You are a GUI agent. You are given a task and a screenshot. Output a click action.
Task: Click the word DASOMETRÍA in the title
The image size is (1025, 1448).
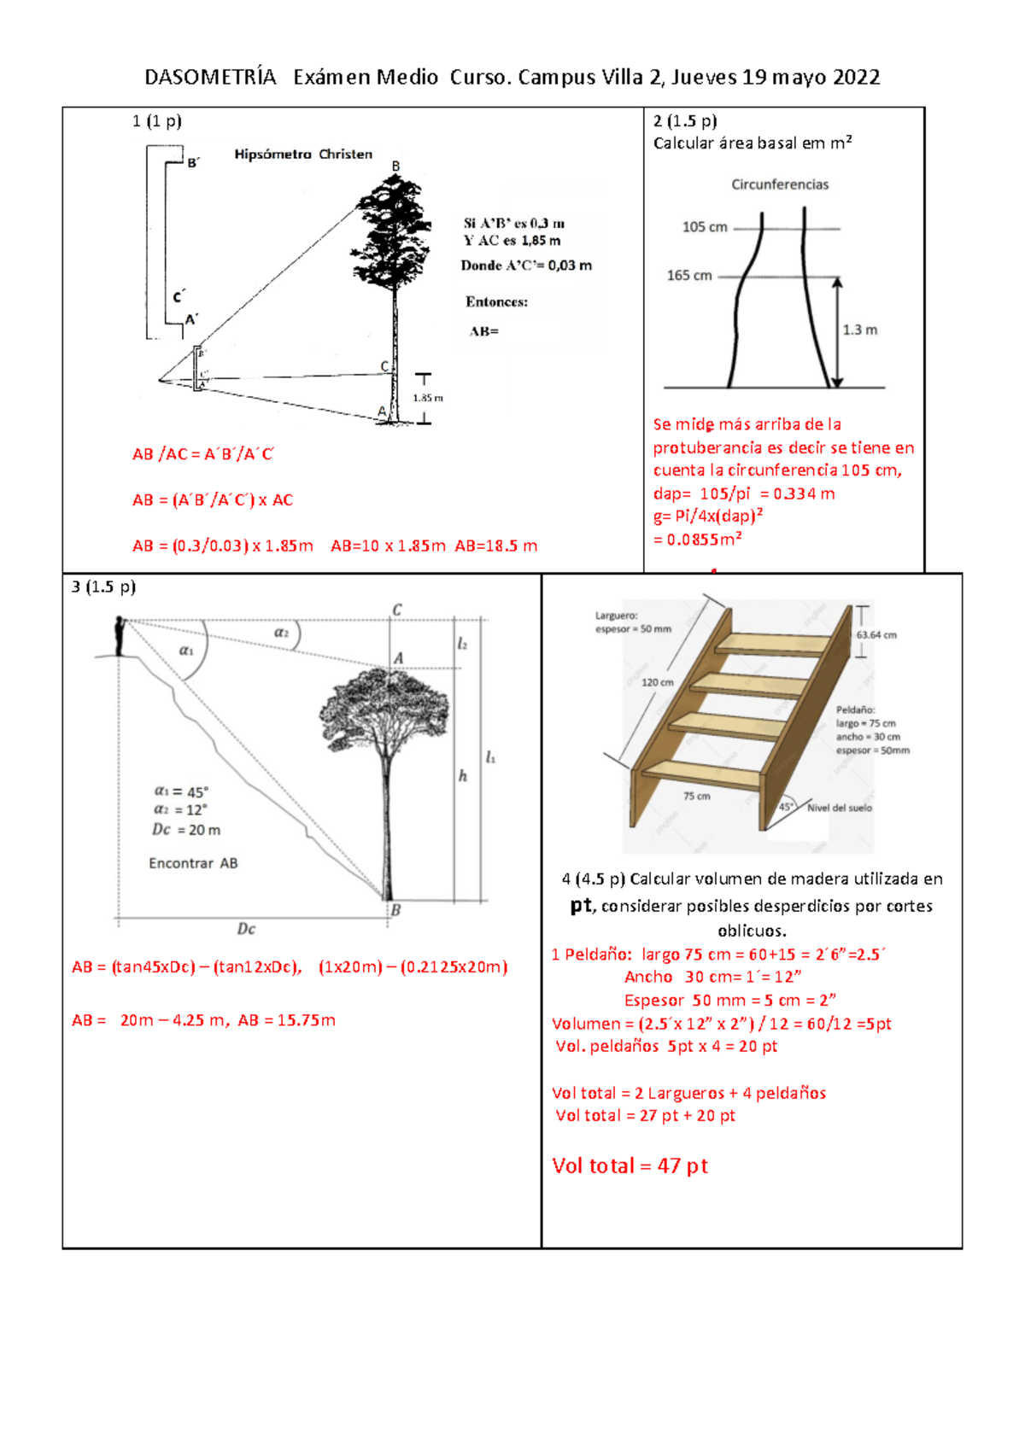[x=210, y=78]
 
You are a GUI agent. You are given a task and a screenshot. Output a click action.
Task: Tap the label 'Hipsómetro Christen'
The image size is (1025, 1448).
[x=303, y=155]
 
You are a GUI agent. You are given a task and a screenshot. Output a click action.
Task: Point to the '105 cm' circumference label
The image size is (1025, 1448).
[x=705, y=227]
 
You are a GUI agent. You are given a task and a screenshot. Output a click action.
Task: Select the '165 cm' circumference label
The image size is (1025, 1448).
[x=689, y=276]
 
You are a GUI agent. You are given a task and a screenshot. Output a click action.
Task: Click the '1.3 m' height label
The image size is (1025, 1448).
[x=859, y=330]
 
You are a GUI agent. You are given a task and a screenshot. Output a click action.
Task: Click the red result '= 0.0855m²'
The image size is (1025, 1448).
[x=697, y=540]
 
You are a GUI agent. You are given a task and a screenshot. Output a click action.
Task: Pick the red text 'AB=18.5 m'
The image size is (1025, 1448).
[x=496, y=546]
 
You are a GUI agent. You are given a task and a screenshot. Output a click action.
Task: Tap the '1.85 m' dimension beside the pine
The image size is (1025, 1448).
[x=428, y=398]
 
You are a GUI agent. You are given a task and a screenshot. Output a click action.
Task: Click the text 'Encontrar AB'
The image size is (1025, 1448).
[x=193, y=863]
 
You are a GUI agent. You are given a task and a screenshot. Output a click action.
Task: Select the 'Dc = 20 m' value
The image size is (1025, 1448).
[x=186, y=830]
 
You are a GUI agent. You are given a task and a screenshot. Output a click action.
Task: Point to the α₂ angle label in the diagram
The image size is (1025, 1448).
[x=281, y=633]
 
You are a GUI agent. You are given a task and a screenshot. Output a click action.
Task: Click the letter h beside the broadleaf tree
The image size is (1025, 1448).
[x=462, y=776]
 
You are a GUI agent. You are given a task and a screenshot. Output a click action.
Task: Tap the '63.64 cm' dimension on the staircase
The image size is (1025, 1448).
[x=876, y=635]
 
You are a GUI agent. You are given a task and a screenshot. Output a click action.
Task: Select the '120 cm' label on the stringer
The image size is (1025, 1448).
[x=657, y=682]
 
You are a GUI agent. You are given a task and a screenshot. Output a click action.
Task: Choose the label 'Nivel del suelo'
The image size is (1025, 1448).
[x=840, y=808]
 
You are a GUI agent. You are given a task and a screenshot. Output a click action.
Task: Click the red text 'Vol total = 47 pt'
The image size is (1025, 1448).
[x=630, y=1166]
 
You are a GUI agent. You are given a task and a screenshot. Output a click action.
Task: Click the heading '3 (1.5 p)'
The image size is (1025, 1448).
[x=103, y=587]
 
